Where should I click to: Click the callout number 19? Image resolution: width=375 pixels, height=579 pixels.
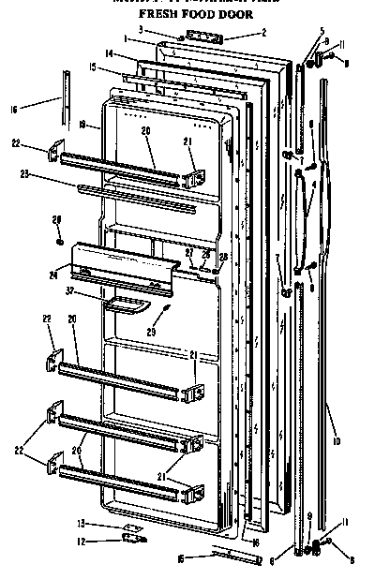click(84, 123)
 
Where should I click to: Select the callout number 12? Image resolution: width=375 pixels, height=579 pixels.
click(80, 541)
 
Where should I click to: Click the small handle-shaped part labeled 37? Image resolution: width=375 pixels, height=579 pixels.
click(125, 304)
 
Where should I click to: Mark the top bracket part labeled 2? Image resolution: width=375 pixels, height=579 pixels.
click(201, 35)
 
